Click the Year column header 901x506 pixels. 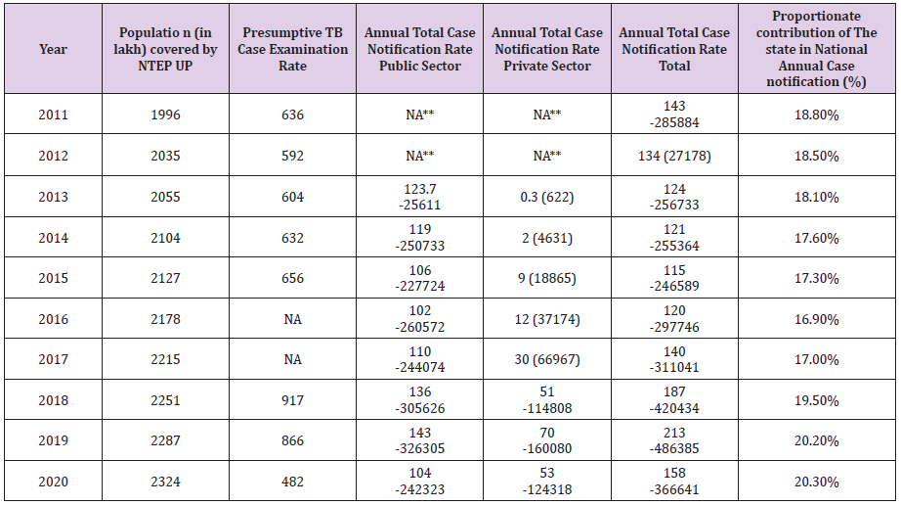tap(53, 49)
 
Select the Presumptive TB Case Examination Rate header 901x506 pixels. tap(292, 49)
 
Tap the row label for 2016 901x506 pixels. tap(53, 319)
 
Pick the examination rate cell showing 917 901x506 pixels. tap(292, 400)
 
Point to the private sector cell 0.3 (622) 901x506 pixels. tap(546, 197)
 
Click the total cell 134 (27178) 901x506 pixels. tap(674, 156)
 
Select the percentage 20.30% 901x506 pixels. tap(816, 482)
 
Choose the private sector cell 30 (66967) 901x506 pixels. tap(546, 359)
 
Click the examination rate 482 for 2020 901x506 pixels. tap(292, 482)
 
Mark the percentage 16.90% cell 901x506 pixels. tap(816, 319)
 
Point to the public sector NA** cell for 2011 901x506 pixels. tap(419, 115)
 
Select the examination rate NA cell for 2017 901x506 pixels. tap(292, 359)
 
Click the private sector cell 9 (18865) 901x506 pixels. tap(546, 278)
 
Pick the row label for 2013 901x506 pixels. tap(53, 197)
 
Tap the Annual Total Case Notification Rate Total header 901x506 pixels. tap(674, 49)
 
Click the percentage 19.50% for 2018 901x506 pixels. tap(816, 400)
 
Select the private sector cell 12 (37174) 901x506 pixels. tap(546, 319)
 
